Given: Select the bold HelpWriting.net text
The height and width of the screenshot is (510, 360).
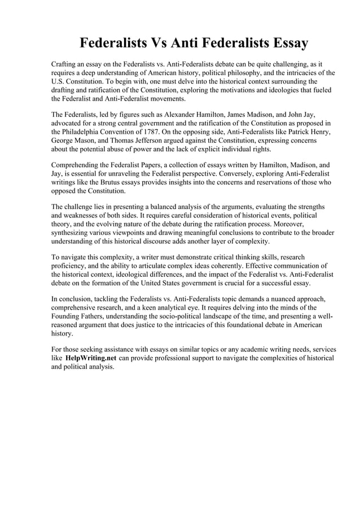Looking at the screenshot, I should coord(91,359).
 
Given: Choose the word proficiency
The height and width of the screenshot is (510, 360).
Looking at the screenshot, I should coord(71,266).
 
